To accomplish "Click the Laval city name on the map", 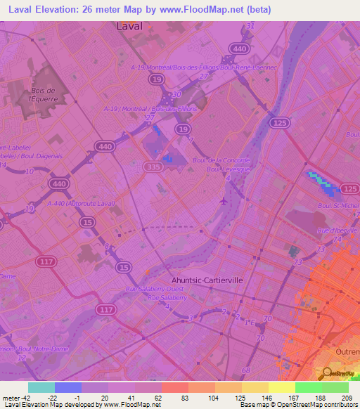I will pos(128,26).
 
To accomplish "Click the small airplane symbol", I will pos(224,201).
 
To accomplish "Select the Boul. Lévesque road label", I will pos(229,170).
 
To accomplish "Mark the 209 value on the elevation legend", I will pos(347,398).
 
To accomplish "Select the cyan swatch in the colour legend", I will pos(41,387).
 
